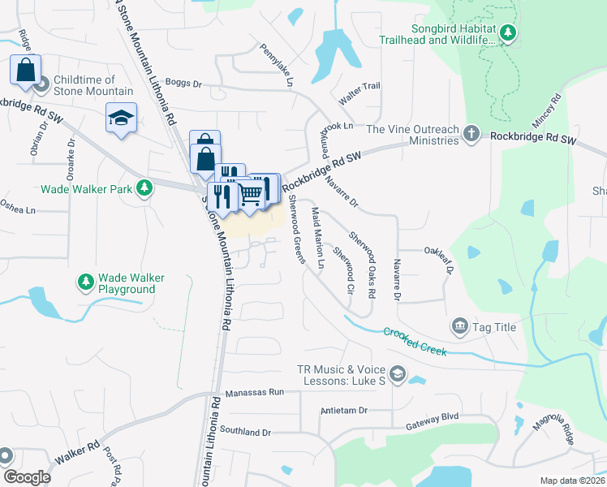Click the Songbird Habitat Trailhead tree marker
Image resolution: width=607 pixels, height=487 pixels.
pos(508,32)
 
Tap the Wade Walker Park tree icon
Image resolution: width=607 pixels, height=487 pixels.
pos(144,188)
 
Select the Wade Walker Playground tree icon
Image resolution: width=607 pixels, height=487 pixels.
pos(85,282)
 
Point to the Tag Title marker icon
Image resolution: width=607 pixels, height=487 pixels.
pos(460,327)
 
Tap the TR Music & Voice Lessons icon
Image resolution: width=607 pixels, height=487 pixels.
pos(397,373)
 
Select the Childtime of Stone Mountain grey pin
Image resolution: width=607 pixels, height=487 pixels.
pos(41,84)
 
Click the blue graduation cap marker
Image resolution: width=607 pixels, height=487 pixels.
pos(120,119)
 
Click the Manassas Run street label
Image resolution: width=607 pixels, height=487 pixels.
pos(255,392)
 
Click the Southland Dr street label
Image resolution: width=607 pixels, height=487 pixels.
pos(244,431)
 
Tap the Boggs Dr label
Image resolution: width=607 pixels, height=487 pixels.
pos(183,83)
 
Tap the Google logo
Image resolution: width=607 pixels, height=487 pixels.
pos(27,477)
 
